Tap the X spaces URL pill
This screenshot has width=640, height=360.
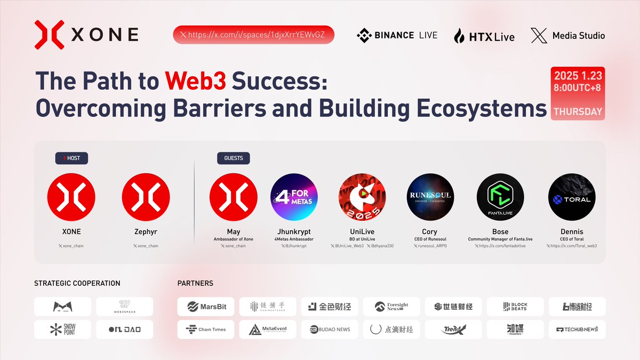click(x=253, y=35)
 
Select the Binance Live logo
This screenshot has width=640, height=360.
click(x=397, y=35)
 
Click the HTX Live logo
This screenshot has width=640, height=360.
click(x=484, y=36)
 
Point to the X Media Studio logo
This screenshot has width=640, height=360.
click(x=568, y=36)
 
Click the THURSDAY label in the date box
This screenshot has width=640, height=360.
click(x=578, y=112)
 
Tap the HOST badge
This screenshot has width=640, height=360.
click(x=71, y=158)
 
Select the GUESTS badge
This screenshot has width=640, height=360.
click(x=233, y=158)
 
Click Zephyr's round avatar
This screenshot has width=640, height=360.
click(x=146, y=197)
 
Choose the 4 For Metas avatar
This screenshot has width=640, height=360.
click(x=294, y=197)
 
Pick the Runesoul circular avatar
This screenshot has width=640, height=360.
click(x=429, y=197)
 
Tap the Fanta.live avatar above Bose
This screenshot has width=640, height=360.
click(x=500, y=197)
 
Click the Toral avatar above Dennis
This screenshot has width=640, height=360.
click(x=572, y=197)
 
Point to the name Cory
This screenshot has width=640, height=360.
click(x=429, y=232)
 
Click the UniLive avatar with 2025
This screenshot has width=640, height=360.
click(x=362, y=197)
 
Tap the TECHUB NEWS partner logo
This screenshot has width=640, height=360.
click(x=577, y=329)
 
